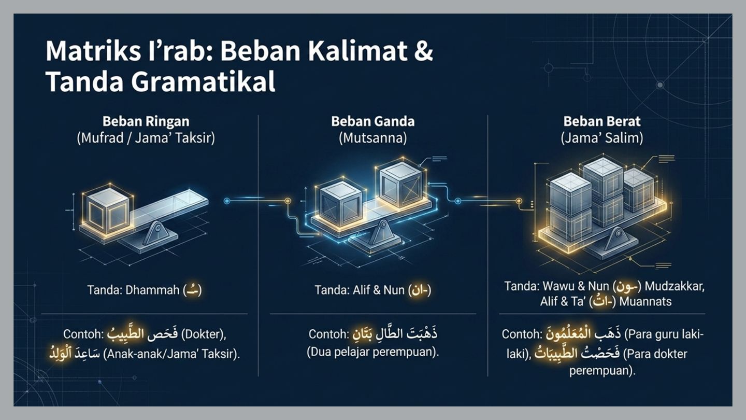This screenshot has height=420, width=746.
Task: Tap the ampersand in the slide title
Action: click(424, 51)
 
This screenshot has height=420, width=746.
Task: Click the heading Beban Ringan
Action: click(146, 121)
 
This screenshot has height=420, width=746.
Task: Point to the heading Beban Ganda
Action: click(372, 121)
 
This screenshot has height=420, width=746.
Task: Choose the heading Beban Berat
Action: click(602, 121)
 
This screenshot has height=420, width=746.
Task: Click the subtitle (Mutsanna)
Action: click(372, 138)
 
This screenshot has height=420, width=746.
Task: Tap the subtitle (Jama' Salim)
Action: click(602, 138)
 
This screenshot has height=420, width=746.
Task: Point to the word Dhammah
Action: click(152, 290)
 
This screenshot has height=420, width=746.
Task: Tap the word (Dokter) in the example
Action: click(203, 334)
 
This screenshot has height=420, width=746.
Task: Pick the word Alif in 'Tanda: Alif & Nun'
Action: click(361, 290)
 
